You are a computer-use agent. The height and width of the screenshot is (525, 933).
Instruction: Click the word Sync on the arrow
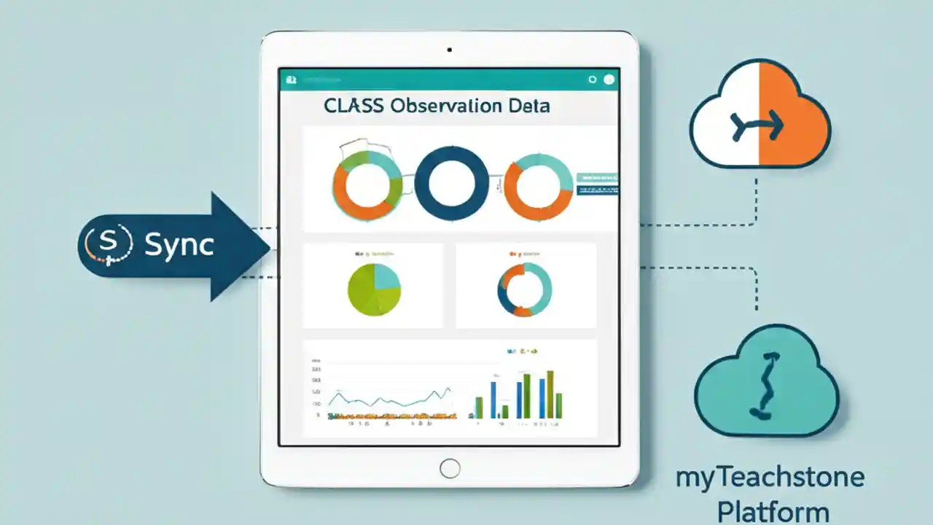179,245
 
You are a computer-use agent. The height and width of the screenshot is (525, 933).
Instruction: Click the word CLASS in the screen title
354,106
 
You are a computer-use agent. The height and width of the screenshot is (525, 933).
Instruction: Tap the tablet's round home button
450,467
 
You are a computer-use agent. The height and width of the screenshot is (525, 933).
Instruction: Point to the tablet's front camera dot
450,50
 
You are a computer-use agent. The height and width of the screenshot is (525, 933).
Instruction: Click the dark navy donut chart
452,183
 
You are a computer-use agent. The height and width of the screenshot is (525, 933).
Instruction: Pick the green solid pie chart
375,289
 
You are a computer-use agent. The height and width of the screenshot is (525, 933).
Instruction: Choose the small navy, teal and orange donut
525,289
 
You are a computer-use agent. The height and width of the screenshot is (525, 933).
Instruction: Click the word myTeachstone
770,478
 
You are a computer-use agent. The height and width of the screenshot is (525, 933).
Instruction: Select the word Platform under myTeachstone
773,510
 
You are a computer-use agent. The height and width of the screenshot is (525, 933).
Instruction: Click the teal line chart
390,399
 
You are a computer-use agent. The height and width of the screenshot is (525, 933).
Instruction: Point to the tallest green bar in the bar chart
550,394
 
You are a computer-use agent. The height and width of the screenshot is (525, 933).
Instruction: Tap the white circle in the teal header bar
609,79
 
